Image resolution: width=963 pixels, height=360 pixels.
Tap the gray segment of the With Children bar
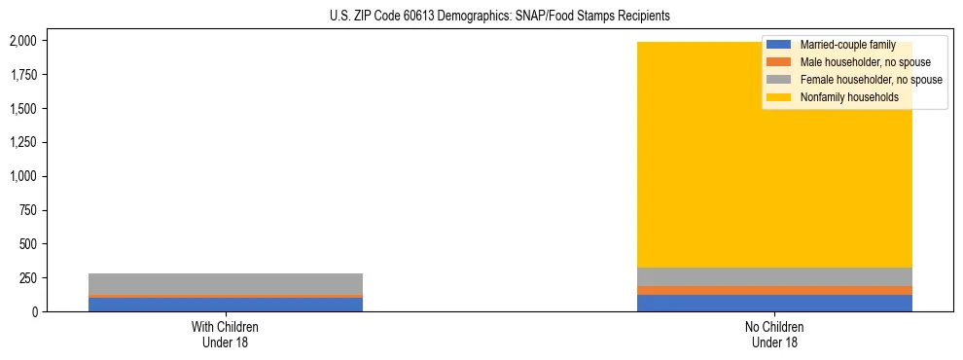(226, 283)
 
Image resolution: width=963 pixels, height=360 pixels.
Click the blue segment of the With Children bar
(226, 305)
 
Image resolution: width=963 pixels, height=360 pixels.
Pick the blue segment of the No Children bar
(774, 304)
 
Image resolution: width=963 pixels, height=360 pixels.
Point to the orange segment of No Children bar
(774, 290)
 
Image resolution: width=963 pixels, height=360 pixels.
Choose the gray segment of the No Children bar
(774, 276)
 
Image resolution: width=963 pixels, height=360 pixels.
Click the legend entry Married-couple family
(847, 45)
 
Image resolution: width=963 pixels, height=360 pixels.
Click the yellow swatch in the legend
(779, 97)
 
